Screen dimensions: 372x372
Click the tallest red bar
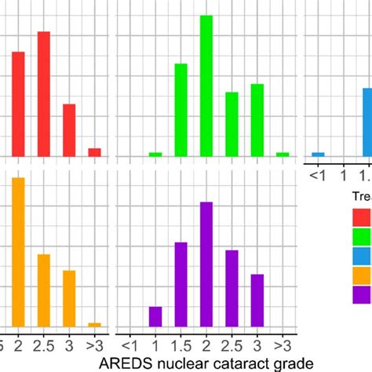(x=44, y=94)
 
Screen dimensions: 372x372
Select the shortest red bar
(x=94, y=152)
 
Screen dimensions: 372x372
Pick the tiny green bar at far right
(x=283, y=154)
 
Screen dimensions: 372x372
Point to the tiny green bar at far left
(x=155, y=154)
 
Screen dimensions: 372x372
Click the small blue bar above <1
(x=318, y=154)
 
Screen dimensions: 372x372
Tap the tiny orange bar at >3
(x=94, y=324)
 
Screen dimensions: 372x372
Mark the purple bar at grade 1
(x=155, y=316)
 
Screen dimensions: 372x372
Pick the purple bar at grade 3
(x=257, y=300)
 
